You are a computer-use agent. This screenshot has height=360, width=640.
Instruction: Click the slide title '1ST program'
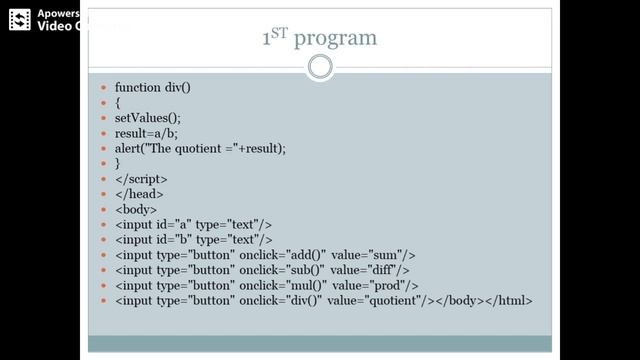pos(319,38)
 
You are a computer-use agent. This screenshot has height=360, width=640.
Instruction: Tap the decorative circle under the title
pos(319,68)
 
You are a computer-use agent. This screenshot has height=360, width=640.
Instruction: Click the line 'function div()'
pos(152,88)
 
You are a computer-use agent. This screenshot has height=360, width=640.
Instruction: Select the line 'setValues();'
pos(148,118)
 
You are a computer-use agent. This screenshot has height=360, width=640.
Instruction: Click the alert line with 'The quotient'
pos(200,148)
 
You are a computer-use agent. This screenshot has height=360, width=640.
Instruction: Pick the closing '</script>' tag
pos(141,179)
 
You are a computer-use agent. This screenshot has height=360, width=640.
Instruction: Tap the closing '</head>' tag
pos(139,194)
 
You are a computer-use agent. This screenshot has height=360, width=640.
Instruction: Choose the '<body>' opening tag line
pos(136,209)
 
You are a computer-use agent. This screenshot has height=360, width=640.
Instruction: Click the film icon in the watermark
pos(20,20)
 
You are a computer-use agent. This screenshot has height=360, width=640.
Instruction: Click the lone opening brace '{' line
pos(118,103)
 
